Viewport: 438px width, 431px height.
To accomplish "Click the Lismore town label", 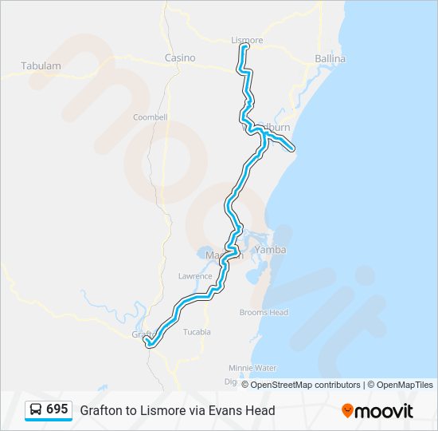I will (x=246, y=40).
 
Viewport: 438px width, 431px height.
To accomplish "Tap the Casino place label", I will (x=180, y=58).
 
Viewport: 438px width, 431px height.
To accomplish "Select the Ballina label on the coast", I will (x=330, y=59).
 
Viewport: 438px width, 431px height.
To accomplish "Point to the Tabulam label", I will (x=41, y=66).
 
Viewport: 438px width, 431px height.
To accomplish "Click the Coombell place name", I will (x=150, y=117).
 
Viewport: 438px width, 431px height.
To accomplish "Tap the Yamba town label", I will (x=270, y=250).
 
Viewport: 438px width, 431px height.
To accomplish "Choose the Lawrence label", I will (x=195, y=276).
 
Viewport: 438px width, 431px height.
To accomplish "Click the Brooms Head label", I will (x=264, y=313).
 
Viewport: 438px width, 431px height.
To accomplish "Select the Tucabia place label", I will (x=197, y=331).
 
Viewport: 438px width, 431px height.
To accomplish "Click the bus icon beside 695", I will (x=37, y=409).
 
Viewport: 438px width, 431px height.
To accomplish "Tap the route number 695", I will (x=57, y=409).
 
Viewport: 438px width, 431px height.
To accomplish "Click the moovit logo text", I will (x=384, y=411).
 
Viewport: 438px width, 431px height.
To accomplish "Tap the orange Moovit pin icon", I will (x=347, y=411).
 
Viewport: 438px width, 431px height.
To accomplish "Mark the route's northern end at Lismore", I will (x=244, y=47).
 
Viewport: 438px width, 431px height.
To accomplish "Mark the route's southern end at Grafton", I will (x=148, y=344).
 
